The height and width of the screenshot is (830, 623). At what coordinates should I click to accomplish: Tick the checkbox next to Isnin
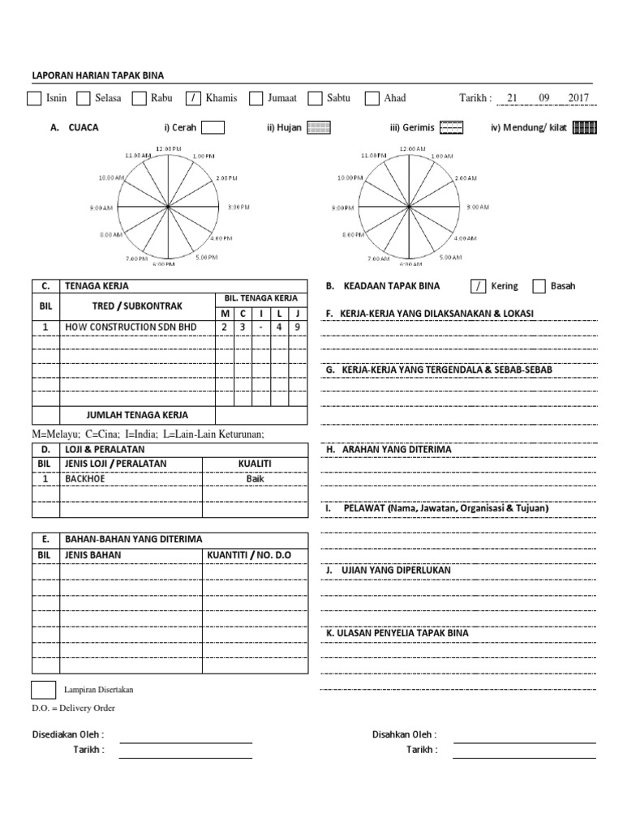pyautogui.click(x=34, y=99)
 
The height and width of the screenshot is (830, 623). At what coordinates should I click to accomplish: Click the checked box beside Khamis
pyautogui.click(x=193, y=99)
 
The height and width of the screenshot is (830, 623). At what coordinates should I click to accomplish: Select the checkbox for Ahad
pyautogui.click(x=372, y=99)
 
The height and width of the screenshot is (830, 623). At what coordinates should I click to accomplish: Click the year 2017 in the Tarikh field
pyautogui.click(x=578, y=98)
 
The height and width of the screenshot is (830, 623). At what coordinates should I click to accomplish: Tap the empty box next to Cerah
pyautogui.click(x=213, y=127)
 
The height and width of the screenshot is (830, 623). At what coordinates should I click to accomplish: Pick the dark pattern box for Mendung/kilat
pyautogui.click(x=584, y=127)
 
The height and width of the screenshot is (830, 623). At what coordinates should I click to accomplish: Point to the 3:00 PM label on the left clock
pyautogui.click(x=238, y=207)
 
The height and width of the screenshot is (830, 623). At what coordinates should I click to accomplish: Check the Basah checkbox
pyautogui.click(x=539, y=286)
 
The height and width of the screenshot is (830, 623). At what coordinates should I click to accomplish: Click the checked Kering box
pyautogui.click(x=478, y=286)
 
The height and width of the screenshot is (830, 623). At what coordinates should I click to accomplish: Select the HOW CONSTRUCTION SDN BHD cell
pyautogui.click(x=132, y=327)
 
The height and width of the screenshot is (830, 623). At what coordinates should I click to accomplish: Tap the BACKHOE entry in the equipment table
pyautogui.click(x=85, y=478)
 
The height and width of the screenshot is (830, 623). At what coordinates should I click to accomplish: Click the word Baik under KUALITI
pyautogui.click(x=256, y=478)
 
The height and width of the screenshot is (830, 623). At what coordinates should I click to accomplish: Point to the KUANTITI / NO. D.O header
pyautogui.click(x=248, y=554)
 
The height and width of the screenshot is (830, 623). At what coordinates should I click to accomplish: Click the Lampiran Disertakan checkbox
pyautogui.click(x=43, y=690)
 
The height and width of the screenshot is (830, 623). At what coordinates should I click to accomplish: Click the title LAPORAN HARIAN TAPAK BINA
pyautogui.click(x=97, y=75)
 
